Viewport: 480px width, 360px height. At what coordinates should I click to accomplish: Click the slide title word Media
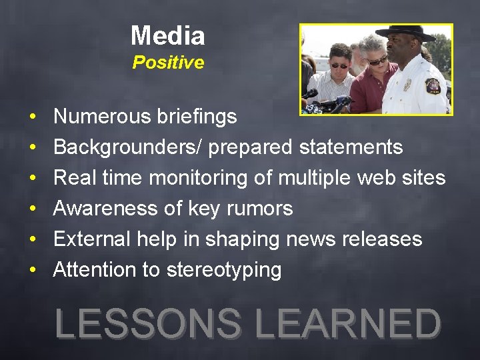tap(167, 35)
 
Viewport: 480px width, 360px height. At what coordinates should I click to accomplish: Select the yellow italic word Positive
tap(168, 63)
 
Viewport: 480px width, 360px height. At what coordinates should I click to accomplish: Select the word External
tap(94, 239)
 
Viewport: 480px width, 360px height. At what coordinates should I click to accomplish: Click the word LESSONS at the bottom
tap(148, 324)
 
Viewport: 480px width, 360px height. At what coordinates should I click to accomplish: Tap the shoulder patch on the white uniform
tap(433, 86)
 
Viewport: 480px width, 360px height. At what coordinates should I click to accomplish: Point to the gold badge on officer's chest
tap(407, 85)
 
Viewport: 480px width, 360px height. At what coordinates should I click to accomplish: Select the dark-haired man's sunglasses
tap(339, 65)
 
